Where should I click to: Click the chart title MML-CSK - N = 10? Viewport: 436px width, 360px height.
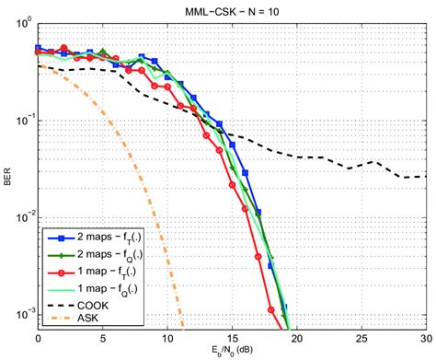pos(231,8)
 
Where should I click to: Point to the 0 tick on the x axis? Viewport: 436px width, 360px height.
pos(35,338)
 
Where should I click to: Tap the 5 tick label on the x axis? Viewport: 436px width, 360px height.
pos(100,338)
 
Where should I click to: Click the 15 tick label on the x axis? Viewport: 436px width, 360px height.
pos(231,338)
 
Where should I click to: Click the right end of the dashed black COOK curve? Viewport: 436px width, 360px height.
pos(425,176)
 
